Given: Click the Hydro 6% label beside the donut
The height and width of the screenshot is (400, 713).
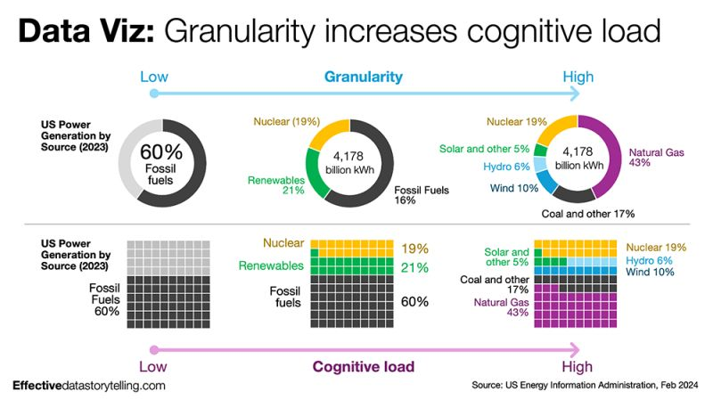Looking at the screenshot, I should point(508,167).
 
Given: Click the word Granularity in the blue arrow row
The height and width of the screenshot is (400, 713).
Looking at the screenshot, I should point(363,77).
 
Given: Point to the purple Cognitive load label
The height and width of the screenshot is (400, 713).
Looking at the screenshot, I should point(363,365).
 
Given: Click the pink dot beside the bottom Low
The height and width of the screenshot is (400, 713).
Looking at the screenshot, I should point(155,350).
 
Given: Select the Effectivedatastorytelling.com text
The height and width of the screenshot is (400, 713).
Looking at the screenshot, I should point(89,386).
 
